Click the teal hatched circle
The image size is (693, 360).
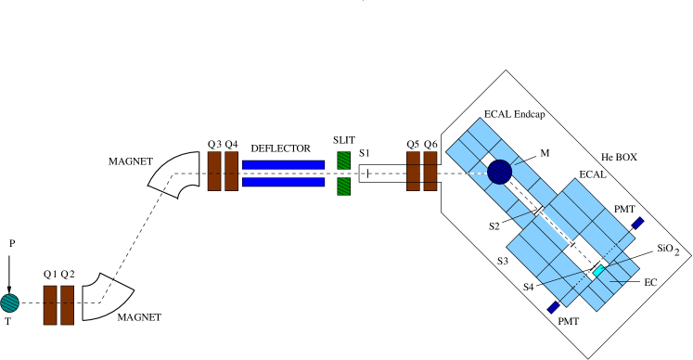9,303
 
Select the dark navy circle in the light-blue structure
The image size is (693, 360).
500,172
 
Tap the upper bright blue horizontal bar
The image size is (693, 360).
283,165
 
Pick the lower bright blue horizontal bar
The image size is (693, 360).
283,182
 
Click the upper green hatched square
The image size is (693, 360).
343,161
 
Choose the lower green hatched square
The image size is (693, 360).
343,186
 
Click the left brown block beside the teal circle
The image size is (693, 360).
50,305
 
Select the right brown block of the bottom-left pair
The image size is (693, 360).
67,305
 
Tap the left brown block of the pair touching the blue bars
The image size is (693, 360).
214,172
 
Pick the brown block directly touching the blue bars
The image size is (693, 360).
231,172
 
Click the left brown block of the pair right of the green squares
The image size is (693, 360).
413,172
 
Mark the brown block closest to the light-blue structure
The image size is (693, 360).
430,172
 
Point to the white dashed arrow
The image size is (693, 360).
557,228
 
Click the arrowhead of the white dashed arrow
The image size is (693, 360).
573,245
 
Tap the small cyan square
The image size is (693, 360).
598,271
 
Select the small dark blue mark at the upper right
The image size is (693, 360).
637,224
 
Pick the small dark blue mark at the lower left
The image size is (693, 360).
553,307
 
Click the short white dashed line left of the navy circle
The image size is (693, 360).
476,173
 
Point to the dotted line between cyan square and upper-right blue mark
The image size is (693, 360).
619,246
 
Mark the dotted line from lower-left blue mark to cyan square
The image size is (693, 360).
575,289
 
